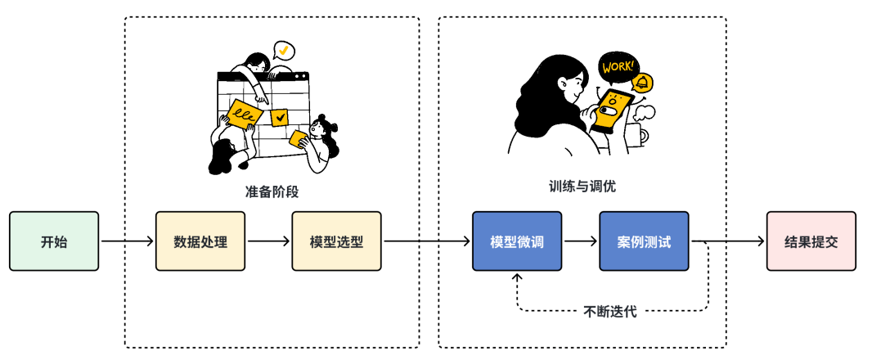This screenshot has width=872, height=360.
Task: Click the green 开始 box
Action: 54,241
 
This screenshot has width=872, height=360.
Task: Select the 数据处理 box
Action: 200,241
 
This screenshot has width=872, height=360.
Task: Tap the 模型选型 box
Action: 336,241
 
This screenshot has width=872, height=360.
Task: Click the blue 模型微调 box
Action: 517,241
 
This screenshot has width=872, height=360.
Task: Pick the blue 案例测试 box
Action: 645,241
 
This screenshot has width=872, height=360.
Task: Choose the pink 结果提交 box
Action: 811,241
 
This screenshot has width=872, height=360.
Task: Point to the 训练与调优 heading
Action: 582,186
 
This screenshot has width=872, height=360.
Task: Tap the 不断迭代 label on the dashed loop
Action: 610,311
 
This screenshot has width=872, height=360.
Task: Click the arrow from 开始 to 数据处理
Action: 127,241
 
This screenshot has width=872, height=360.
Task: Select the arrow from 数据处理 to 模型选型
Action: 268,241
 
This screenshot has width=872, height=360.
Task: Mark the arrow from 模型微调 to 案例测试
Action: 580,241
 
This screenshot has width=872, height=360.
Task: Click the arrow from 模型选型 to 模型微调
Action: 426,241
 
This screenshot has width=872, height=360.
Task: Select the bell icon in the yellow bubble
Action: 645,83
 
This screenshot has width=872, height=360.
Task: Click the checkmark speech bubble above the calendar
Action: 283,51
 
